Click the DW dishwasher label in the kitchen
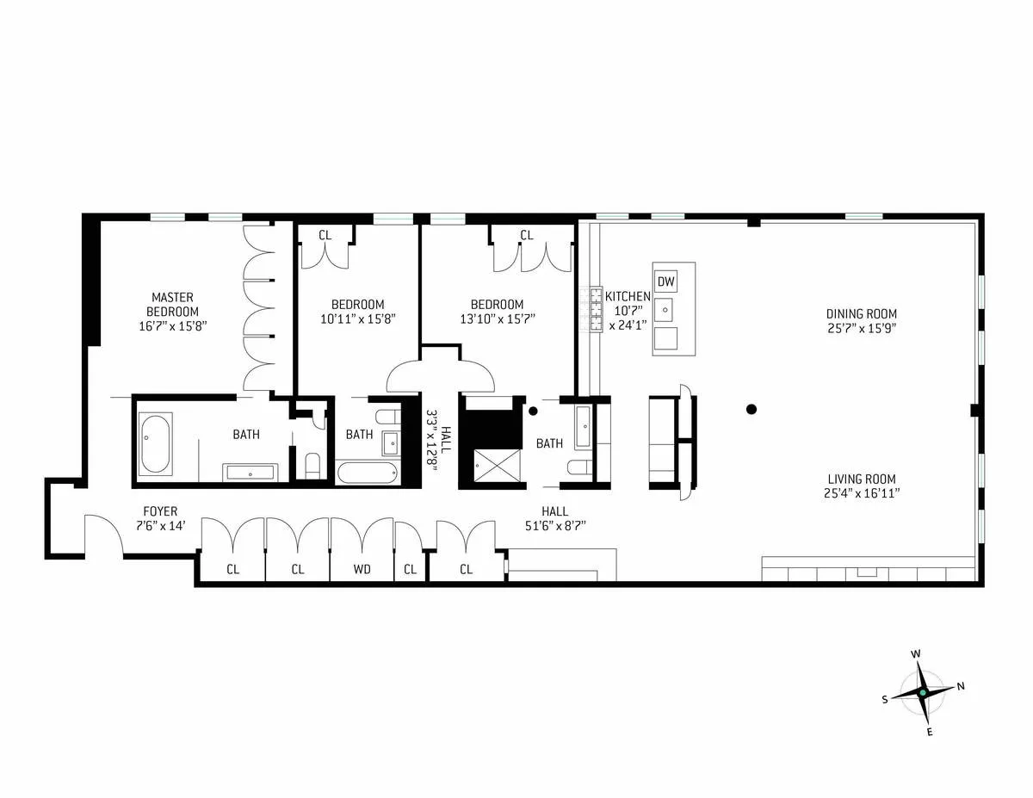point(665,281)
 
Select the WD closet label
point(362,569)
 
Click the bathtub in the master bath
point(156,444)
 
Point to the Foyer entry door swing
point(104,534)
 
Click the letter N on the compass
point(961,686)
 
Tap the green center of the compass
point(923,692)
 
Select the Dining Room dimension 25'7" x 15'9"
point(862,328)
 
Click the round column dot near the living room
point(752,410)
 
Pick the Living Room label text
point(862,479)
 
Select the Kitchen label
point(628,296)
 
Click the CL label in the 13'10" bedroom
point(527,235)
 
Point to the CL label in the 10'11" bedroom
point(325,235)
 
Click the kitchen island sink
point(665,308)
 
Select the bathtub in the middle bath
point(368,473)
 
